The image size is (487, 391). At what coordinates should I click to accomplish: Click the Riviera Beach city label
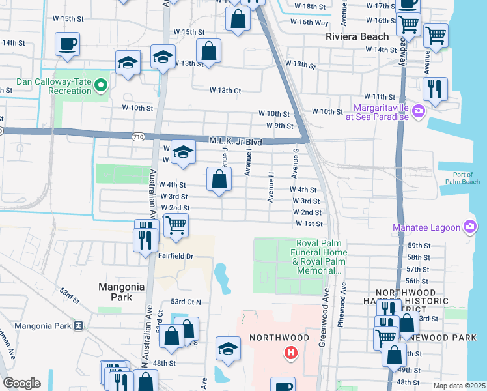pyautogui.click(x=357, y=36)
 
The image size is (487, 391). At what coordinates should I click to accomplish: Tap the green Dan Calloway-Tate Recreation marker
pyautogui.click(x=101, y=84)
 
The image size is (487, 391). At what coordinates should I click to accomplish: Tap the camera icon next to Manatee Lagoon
pyautogui.click(x=469, y=227)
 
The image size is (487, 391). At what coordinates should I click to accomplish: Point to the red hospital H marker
pyautogui.click(x=290, y=353)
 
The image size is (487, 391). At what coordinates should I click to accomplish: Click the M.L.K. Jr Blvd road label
pyautogui.click(x=235, y=141)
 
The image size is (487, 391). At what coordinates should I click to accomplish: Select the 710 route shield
pyautogui.click(x=137, y=137)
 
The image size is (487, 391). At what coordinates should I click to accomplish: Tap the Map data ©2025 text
pyautogui.click(x=459, y=386)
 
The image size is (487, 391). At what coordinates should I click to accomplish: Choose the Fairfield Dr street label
pyautogui.click(x=176, y=256)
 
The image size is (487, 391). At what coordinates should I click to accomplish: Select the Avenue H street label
pyautogui.click(x=270, y=186)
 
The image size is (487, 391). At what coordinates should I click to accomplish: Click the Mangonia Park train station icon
pyautogui.click(x=78, y=325)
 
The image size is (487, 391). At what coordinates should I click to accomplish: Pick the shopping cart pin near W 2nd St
pyautogui.click(x=176, y=225)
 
